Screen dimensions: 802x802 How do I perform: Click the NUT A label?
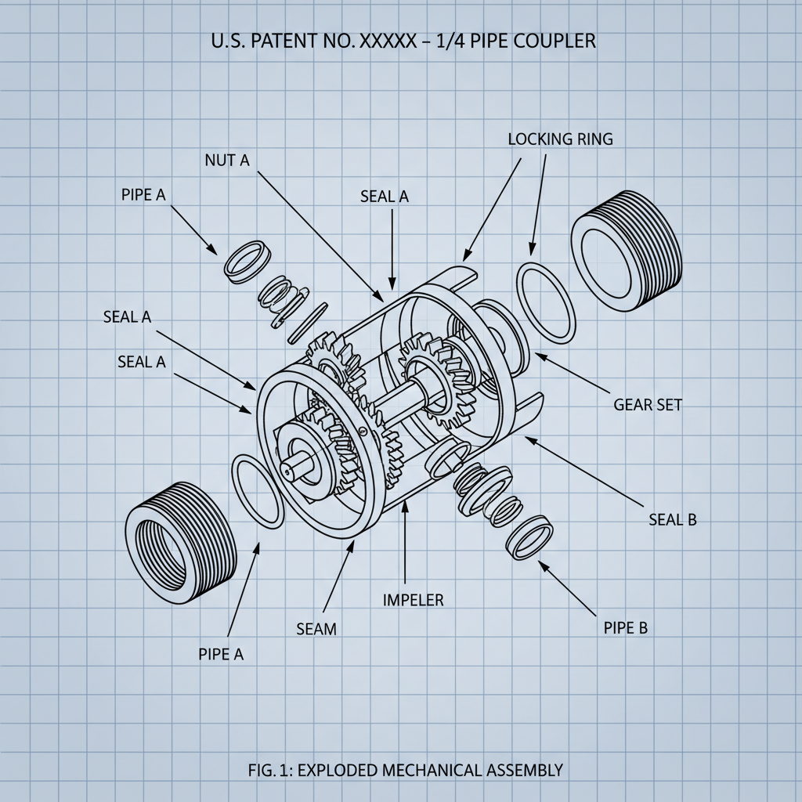226,160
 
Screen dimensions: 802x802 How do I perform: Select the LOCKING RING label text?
560,139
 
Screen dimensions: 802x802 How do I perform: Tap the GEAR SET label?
648,405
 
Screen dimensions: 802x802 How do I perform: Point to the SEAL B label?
673,519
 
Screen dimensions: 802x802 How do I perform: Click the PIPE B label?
626,627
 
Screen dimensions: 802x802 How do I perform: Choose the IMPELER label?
413,600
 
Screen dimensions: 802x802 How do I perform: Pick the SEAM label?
316,628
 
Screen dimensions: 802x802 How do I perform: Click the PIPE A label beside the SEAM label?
221,654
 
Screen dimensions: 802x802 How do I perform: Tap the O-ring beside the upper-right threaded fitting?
546,302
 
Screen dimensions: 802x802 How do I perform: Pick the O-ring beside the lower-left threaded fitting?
258,491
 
